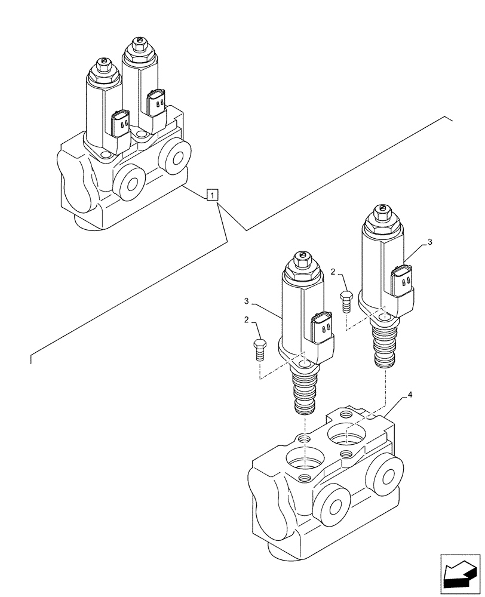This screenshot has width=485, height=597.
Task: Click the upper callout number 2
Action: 333,272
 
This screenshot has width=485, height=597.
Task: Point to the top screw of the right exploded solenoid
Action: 380,208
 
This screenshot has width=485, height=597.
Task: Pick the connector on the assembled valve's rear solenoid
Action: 157,103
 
